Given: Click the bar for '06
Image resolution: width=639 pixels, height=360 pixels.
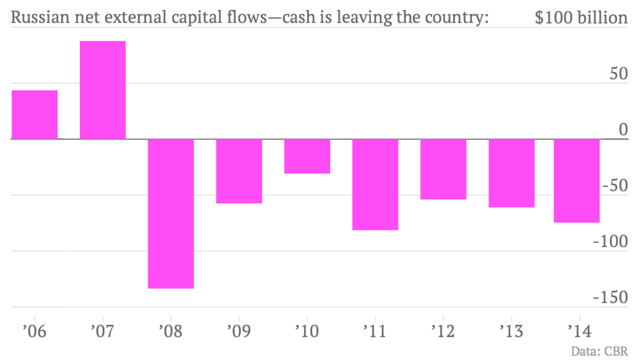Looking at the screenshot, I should point(34,115).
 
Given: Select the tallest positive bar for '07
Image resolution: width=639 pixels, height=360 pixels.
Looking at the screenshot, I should point(103,90).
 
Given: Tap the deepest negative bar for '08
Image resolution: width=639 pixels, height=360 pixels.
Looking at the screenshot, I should point(171,213).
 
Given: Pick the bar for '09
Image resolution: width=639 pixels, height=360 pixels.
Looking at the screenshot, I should point(239,171).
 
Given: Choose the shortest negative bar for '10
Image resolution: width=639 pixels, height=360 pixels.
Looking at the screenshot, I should point(307,156).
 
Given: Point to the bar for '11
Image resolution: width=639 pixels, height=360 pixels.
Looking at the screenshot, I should point(375,185).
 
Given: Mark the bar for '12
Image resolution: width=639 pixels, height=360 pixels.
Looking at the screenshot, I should point(443,169).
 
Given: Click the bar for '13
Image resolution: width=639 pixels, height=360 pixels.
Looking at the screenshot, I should point(512,173).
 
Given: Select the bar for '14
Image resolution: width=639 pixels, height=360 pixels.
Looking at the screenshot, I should point(577,180).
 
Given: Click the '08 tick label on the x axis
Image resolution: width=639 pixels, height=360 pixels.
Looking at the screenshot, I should point(170,331).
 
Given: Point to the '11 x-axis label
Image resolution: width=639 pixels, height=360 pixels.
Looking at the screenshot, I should point(375,331).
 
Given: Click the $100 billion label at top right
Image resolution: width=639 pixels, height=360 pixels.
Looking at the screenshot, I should point(581,18).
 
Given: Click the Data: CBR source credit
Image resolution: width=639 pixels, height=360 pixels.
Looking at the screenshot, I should point(599,351).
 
